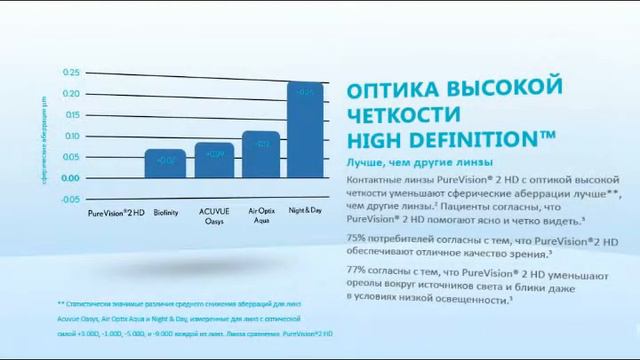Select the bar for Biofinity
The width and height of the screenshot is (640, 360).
point(165,164)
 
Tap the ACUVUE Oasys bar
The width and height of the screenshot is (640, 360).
point(213,160)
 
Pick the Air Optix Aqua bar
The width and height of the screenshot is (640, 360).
point(261,154)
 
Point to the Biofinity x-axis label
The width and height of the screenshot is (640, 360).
point(165,213)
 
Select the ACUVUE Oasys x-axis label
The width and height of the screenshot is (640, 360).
point(213,217)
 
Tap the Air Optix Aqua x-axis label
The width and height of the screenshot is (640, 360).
point(261,217)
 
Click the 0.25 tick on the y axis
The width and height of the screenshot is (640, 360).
point(70,73)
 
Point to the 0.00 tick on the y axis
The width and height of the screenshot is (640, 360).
point(70,178)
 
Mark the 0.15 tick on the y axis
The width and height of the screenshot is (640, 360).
point(70,115)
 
